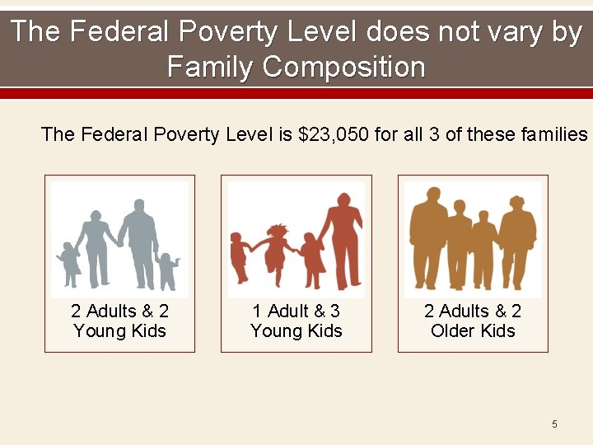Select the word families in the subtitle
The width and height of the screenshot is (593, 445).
click(552, 134)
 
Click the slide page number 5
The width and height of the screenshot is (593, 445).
click(554, 424)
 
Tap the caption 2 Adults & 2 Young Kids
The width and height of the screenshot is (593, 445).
click(119, 321)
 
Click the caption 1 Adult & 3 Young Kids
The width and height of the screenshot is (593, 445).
click(296, 321)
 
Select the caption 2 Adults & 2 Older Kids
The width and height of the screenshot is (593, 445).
click(473, 321)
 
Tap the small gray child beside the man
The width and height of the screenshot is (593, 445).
click(167, 270)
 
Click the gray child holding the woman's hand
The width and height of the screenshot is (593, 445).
click(68, 262)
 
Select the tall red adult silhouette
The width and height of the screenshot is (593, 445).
click(344, 243)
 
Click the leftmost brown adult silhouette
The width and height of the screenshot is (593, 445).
click(428, 235)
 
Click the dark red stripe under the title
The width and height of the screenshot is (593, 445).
click(296, 93)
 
